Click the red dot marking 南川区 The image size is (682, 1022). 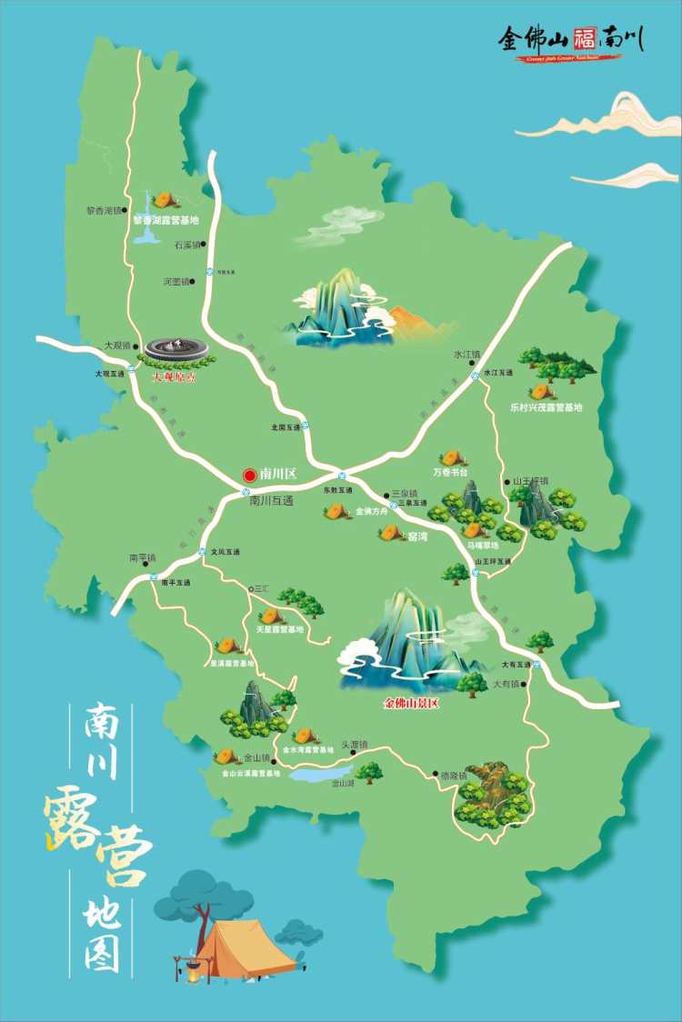(249, 475)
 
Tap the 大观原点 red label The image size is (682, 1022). (175, 375)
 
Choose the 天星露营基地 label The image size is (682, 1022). (280, 629)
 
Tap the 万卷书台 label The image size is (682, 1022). (450, 473)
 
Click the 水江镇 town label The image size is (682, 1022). (466, 354)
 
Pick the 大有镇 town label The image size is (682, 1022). (506, 684)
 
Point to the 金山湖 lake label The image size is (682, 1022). (342, 783)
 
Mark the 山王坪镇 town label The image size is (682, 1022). (531, 480)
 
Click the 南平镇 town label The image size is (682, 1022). (143, 557)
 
